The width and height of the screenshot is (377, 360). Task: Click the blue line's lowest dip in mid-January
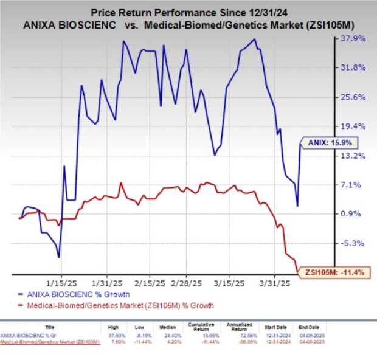coord(59,257)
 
